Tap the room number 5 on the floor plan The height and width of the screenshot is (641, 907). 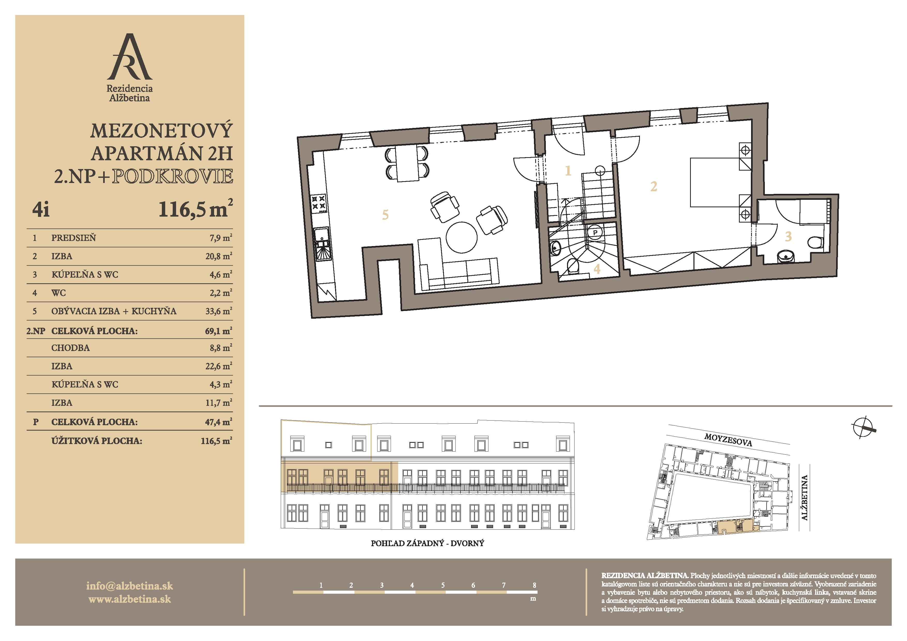385,215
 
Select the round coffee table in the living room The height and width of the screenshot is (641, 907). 462,237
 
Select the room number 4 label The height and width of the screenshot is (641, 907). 597,269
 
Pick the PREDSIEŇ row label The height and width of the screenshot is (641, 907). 73,238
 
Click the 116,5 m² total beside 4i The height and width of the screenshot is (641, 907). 195,209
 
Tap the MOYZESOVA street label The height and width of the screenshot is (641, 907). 728,440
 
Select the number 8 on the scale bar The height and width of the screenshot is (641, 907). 534,585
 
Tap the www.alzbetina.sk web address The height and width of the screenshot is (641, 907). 130,599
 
